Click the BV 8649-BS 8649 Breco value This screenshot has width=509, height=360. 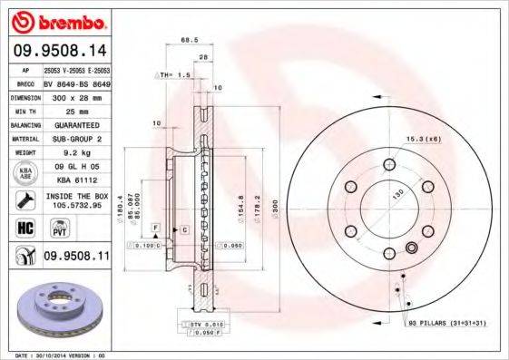click(77, 82)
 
